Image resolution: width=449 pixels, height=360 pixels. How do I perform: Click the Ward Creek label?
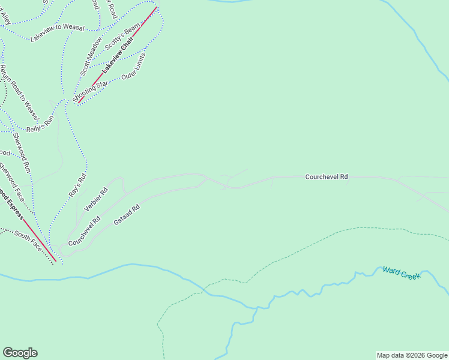click(402, 273)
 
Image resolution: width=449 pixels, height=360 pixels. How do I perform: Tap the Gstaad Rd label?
click(127, 215)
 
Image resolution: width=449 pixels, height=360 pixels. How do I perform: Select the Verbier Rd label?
click(96, 200)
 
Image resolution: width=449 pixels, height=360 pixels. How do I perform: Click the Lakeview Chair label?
click(118, 56)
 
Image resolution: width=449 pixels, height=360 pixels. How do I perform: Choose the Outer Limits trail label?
click(133, 67)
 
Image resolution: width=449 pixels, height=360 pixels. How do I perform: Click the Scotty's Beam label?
click(122, 37)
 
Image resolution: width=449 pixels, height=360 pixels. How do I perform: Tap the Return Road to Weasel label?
click(19, 92)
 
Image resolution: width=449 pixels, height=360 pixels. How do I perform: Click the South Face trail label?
click(28, 241)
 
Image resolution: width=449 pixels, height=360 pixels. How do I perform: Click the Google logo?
click(20, 353)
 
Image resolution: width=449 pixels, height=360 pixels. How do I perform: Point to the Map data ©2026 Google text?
click(412, 355)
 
